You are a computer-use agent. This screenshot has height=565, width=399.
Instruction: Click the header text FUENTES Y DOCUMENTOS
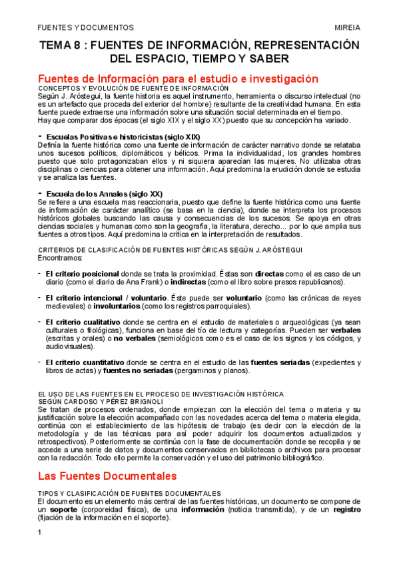click(x=85, y=27)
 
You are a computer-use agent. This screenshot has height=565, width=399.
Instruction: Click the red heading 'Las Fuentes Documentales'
click(x=107, y=476)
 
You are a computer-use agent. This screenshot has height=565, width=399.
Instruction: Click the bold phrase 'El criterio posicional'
click(x=82, y=274)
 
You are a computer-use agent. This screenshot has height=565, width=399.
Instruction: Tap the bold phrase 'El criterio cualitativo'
click(x=84, y=322)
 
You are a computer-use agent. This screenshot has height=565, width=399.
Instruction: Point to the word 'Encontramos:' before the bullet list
click(x=61, y=257)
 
